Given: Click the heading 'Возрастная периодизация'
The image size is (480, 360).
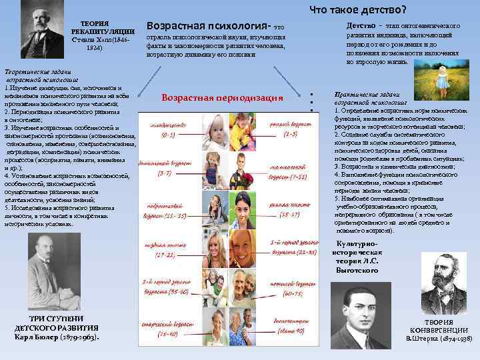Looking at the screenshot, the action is [x=223, y=98].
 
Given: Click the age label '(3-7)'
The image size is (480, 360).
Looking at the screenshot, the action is [x=165, y=173].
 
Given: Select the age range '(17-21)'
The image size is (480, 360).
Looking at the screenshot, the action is [x=164, y=255].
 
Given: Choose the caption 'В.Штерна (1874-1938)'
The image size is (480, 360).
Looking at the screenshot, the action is [x=437, y=339].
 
